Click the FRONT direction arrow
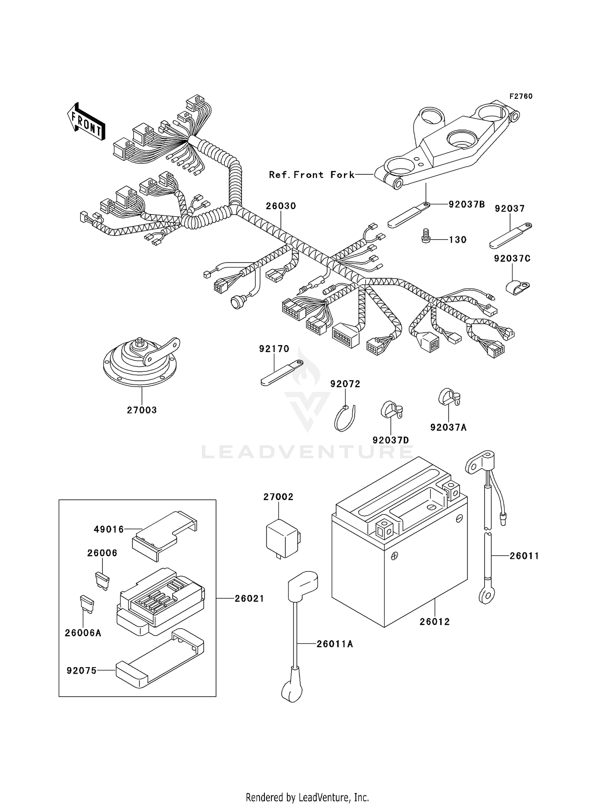(86, 122)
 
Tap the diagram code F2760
(521, 96)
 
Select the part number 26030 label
(280, 206)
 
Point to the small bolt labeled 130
(426, 236)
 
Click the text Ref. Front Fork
(312, 175)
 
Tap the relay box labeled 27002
(282, 537)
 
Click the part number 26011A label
(335, 644)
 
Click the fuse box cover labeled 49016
(164, 533)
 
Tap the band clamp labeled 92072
(345, 418)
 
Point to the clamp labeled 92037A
(449, 397)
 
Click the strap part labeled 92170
(281, 373)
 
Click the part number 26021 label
(249, 599)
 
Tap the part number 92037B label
(466, 204)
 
